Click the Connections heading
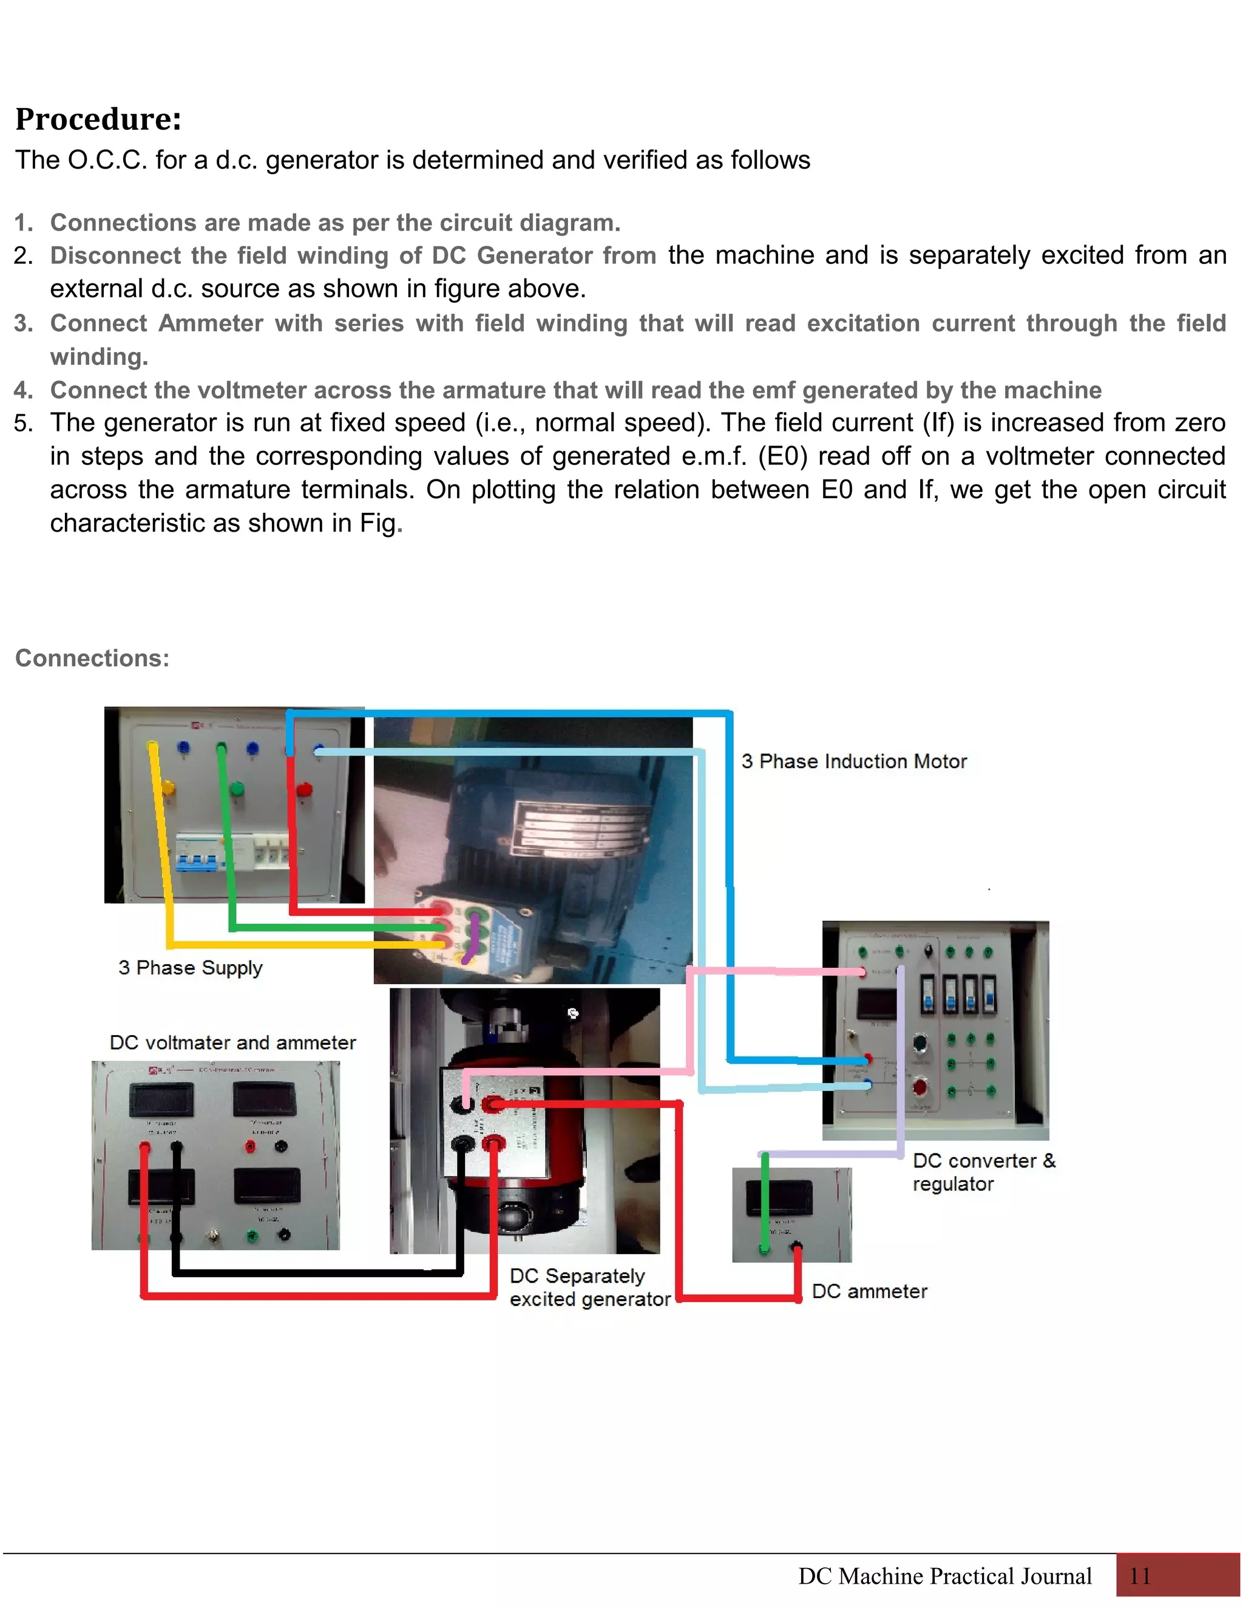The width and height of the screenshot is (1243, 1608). (92, 658)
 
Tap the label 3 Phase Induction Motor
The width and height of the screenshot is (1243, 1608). (853, 762)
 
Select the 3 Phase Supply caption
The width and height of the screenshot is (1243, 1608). (190, 967)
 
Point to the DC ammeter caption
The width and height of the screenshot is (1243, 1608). (869, 1291)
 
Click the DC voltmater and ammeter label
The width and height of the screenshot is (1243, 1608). (232, 1042)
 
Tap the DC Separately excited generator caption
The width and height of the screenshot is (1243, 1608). (589, 1287)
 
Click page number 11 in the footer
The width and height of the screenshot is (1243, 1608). (1139, 1576)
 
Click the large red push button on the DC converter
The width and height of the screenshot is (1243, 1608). (920, 1087)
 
